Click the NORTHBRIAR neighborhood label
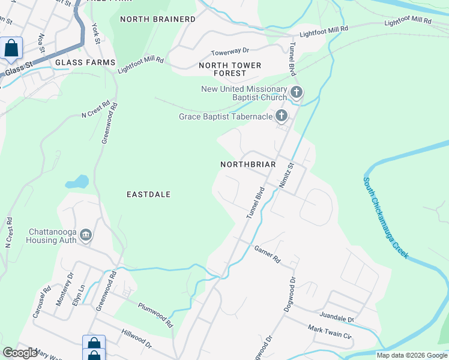[248, 164]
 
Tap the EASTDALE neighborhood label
[149, 194]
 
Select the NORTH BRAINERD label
[158, 19]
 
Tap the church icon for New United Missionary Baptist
[297, 92]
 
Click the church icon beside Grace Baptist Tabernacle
[280, 116]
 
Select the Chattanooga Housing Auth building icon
[85, 234]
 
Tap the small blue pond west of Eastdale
[79, 181]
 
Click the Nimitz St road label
[286, 176]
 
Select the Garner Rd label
[267, 255]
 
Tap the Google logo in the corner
[19, 353]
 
